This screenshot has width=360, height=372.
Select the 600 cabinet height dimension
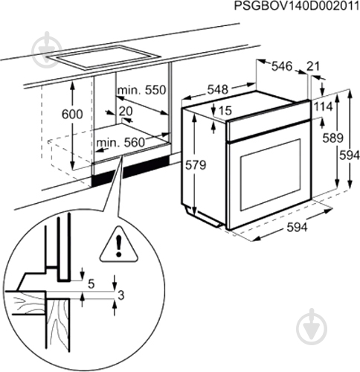tap(71, 115)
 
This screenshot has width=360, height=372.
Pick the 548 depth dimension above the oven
tap(217, 89)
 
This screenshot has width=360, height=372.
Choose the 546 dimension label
tap(280, 67)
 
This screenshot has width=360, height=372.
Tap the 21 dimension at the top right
tap(314, 67)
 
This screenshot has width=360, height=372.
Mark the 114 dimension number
tap(323, 107)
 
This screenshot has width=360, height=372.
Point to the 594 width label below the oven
tap(296, 228)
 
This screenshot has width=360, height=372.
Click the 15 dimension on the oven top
tap(225, 112)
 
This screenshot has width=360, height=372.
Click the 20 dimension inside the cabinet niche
tap(126, 112)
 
